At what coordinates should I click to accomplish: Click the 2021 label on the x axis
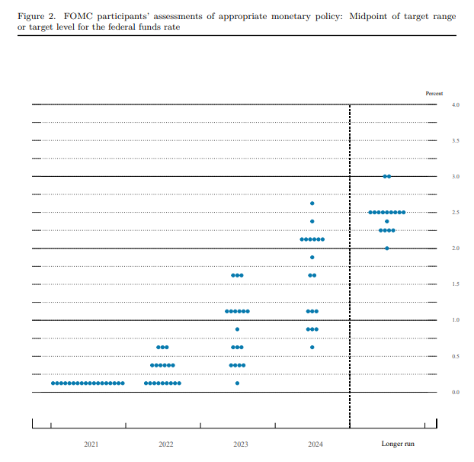point(91,444)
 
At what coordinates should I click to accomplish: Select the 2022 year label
point(165,444)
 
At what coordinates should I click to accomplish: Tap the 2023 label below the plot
point(240,444)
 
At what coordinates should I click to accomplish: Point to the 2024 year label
point(315,444)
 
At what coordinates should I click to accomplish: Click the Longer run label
point(398,444)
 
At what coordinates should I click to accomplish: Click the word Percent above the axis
point(434,93)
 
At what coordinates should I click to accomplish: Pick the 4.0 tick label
point(456,104)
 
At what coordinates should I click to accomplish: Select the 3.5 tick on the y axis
point(456,140)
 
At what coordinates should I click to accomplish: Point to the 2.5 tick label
point(456,212)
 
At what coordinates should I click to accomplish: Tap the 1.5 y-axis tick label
point(456,284)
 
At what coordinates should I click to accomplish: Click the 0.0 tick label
point(456,392)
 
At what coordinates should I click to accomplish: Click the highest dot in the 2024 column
point(312,204)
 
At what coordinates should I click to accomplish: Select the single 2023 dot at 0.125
point(237,383)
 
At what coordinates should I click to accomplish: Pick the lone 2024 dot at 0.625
point(312,347)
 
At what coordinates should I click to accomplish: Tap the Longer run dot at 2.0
point(387,249)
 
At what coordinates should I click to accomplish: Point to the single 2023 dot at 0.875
point(237,329)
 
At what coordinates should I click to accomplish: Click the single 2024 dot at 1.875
point(312,258)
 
